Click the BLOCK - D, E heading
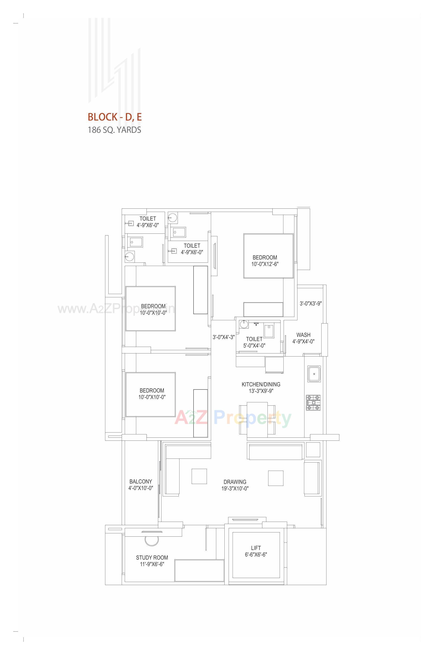pos(114,117)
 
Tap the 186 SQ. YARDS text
pos(114,130)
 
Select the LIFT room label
pos(256,548)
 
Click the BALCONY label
pos(140,481)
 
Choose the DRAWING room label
pos(235,482)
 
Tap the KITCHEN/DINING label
pos(261,384)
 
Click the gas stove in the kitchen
pos(313,403)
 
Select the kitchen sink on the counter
pos(314,374)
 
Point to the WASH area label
pos(304,335)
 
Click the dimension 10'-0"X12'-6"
pos(265,264)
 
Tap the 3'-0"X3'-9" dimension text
pos(311,303)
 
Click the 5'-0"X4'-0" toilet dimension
pos(254,346)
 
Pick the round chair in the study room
pos(152,539)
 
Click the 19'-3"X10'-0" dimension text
pos(235,488)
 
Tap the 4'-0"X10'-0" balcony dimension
pos(140,488)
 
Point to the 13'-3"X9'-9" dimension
pos(261,391)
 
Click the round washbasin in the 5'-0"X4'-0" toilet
pos(244,324)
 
